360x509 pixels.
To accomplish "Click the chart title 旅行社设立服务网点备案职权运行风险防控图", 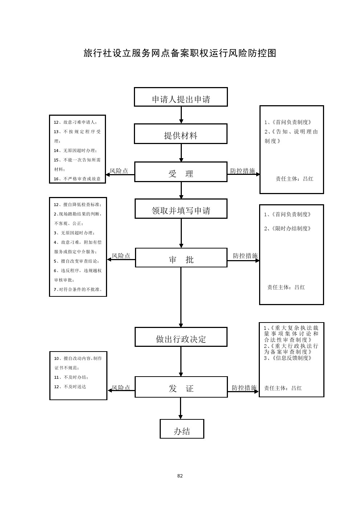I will pyautogui.click(x=180, y=53).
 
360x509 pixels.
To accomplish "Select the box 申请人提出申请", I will pyautogui.click(x=181, y=97).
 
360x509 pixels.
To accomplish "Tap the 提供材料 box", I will pyautogui.click(x=181, y=134).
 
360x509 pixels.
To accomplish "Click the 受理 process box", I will pyautogui.click(x=181, y=172).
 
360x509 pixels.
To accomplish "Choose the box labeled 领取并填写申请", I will pyautogui.click(x=181, y=209).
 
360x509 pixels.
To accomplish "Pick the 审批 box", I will pyautogui.click(x=181, y=258).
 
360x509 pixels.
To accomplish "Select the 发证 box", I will pyautogui.click(x=181, y=387).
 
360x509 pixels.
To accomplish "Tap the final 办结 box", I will pyautogui.click(x=182, y=429).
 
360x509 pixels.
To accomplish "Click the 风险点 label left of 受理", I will pyautogui.click(x=119, y=171).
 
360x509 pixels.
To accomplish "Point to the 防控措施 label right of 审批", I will pyautogui.click(x=245, y=256).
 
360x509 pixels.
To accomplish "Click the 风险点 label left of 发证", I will pyautogui.click(x=121, y=388).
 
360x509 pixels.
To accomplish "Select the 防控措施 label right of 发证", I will pyautogui.click(x=244, y=388).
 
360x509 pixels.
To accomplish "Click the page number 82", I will pyautogui.click(x=180, y=476).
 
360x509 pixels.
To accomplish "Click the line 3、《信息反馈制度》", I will pyautogui.click(x=288, y=358).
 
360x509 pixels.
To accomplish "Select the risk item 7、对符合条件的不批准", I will pyautogui.click(x=78, y=290).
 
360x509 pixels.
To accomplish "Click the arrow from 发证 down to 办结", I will pyautogui.click(x=181, y=409).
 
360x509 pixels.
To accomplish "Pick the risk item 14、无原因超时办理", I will pyautogui.click(x=75, y=151).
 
